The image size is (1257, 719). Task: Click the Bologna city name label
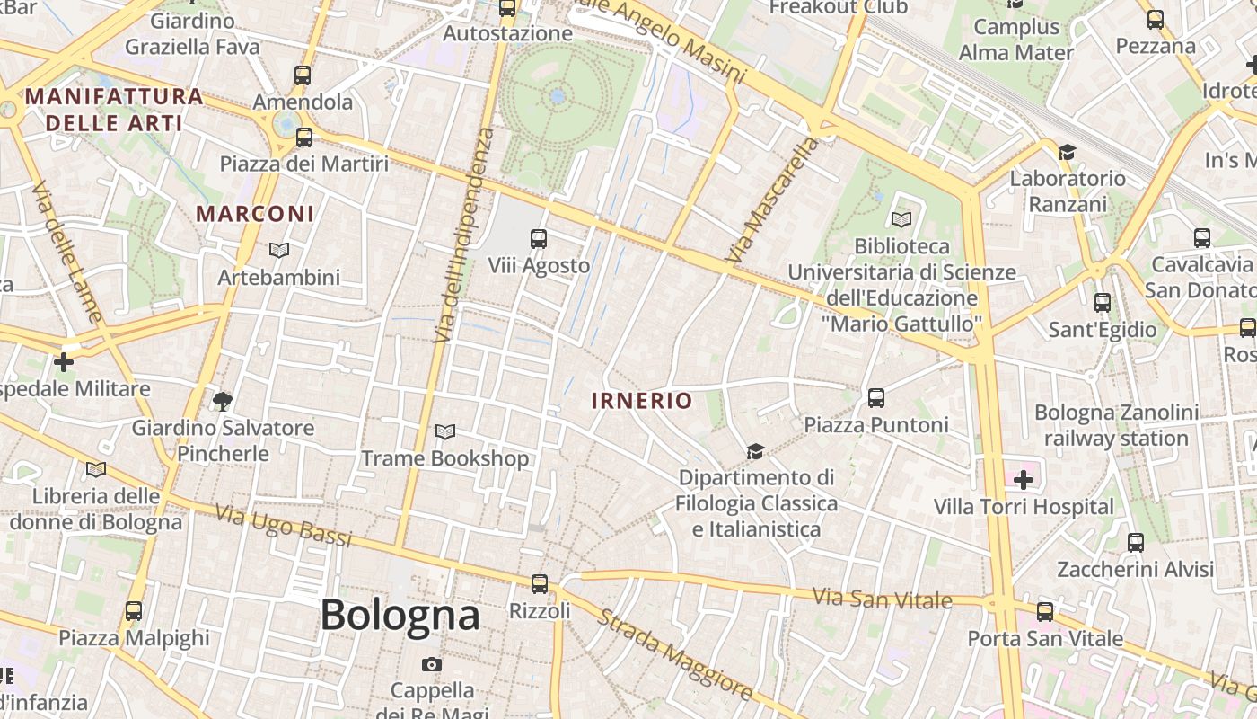(400, 616)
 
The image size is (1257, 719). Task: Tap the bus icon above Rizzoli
(539, 584)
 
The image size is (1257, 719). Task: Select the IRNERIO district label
(642, 401)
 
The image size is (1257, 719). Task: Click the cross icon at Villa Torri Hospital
(1024, 480)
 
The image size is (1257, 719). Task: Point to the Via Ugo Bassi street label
(283, 526)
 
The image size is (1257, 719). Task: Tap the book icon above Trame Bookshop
(445, 432)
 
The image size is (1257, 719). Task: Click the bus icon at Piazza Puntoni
(876, 397)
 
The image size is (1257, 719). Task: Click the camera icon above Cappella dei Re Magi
(432, 665)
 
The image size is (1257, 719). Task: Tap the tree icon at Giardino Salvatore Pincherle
(223, 401)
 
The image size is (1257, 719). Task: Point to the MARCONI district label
(256, 214)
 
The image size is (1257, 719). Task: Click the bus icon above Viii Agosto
(539, 239)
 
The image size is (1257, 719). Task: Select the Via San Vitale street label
(882, 599)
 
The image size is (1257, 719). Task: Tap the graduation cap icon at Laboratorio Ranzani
(1067, 152)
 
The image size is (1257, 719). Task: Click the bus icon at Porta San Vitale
(1045, 612)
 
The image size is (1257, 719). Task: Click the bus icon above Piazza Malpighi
(134, 611)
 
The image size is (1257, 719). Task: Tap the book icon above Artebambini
(279, 251)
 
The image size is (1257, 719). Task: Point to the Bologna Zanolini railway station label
(1116, 425)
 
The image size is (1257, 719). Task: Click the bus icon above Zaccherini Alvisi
(1136, 543)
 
